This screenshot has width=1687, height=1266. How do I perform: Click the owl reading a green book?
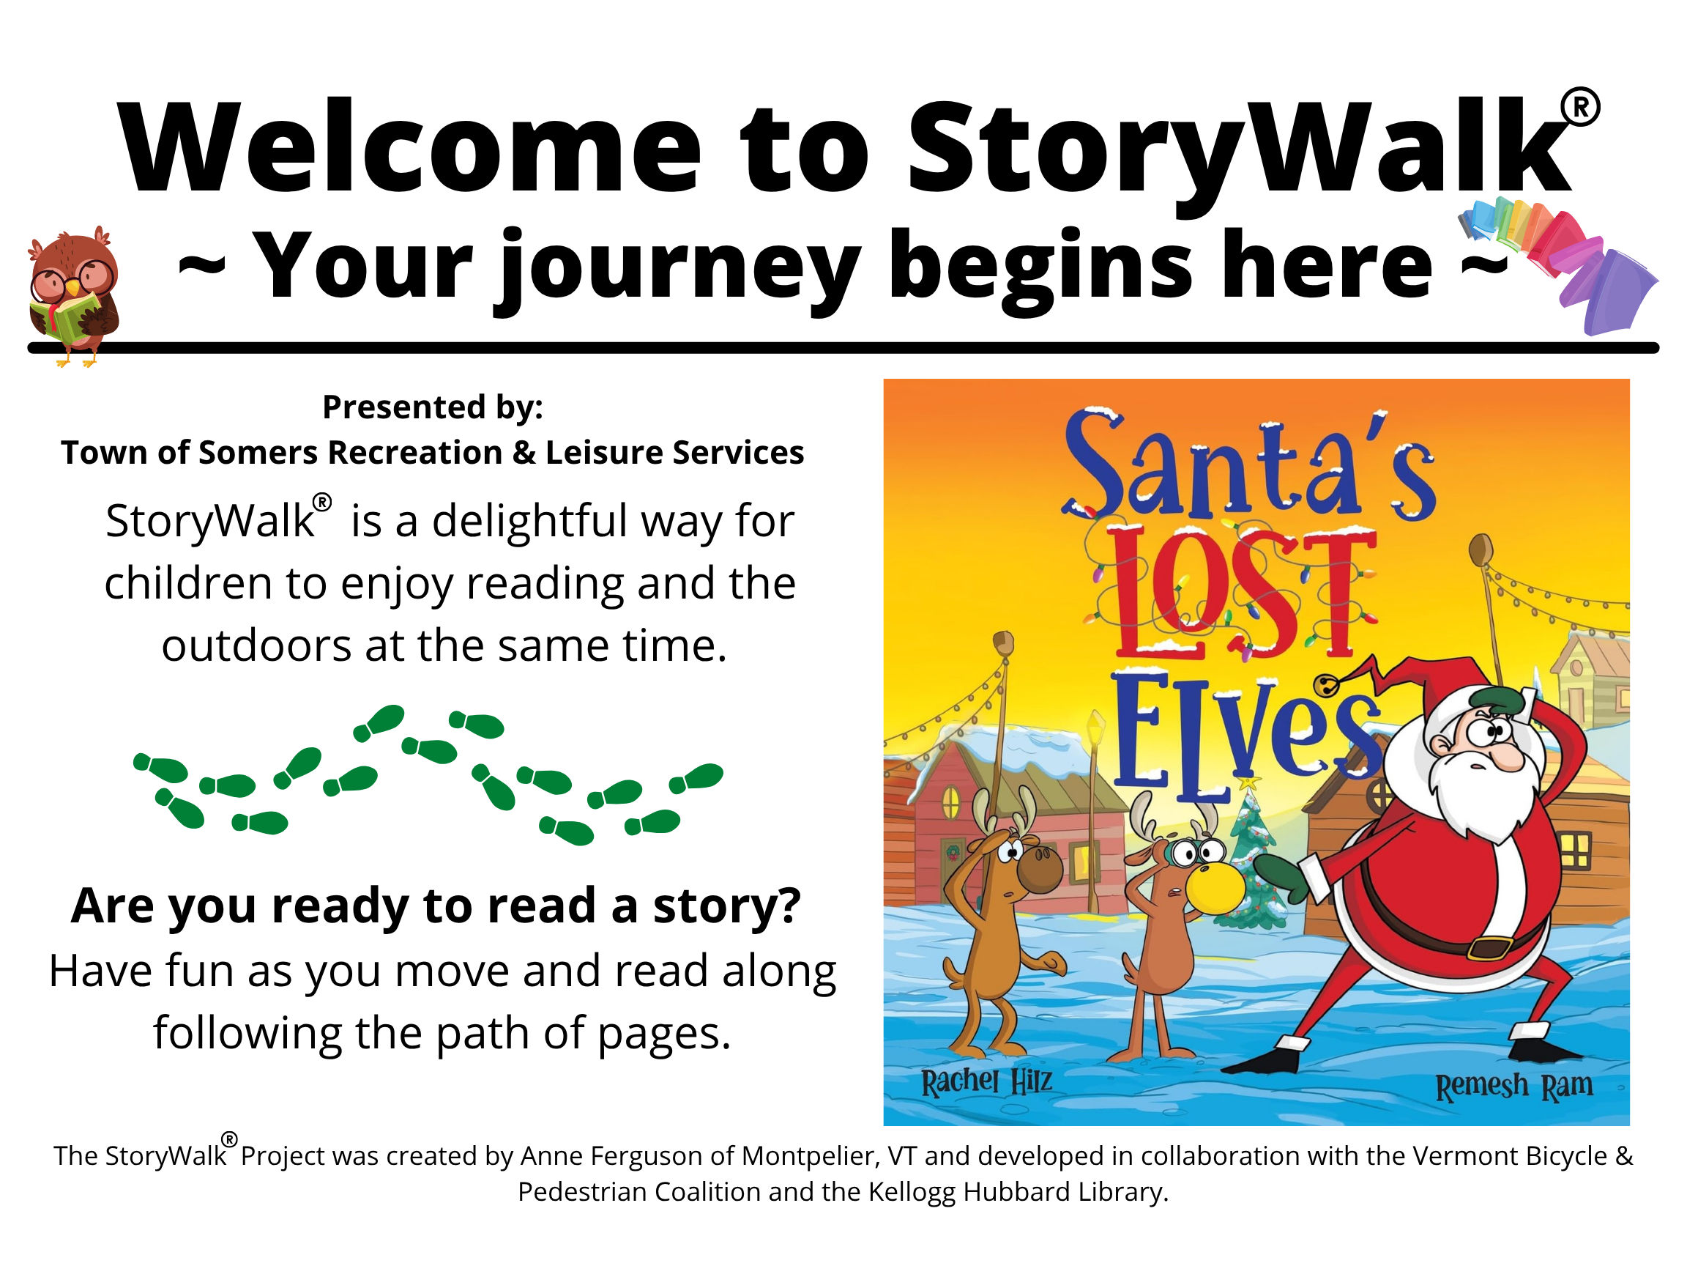(x=74, y=296)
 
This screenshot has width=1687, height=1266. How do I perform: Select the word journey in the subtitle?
(x=677, y=267)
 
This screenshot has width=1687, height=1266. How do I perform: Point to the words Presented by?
(x=433, y=407)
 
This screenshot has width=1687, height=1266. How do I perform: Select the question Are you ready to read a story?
(x=436, y=906)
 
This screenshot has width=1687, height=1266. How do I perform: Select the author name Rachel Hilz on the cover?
(x=986, y=1081)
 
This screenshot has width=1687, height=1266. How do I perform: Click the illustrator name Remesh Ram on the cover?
(x=1515, y=1086)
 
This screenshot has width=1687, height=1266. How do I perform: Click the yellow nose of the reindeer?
(x=1215, y=886)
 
